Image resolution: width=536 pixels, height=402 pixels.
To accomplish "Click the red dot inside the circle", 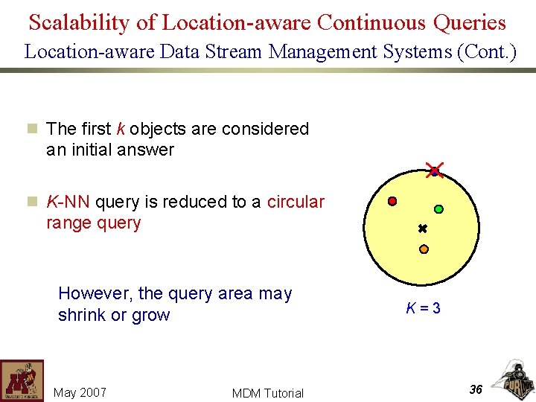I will point(392,201).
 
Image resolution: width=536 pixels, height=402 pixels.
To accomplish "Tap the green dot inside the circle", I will point(438,209).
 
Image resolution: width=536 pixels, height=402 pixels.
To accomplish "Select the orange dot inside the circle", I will point(424,249).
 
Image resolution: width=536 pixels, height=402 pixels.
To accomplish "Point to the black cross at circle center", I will point(422,229).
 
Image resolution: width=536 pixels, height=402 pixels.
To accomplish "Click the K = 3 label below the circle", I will point(423,308).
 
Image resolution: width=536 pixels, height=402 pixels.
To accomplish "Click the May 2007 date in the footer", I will point(80,392).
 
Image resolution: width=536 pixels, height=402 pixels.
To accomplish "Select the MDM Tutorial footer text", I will point(267,393).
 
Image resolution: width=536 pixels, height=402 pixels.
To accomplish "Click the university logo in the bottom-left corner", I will point(22,380).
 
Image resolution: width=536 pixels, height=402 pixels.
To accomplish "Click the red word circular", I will point(296,202).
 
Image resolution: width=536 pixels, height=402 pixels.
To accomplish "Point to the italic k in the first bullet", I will point(121,129).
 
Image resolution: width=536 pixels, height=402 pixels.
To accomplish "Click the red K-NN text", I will point(68,202).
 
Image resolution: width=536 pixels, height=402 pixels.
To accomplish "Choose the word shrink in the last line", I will point(82,315).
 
